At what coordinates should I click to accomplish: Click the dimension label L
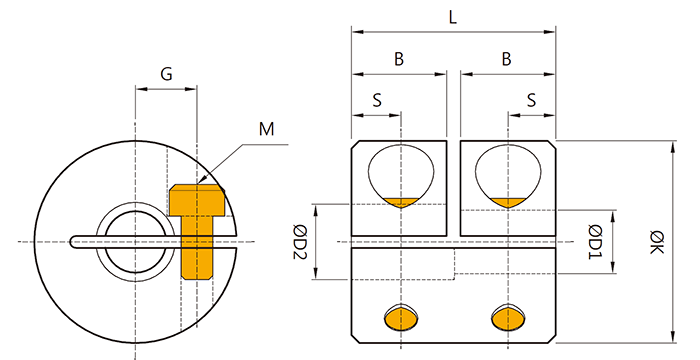453,17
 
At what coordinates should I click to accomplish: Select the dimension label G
166,74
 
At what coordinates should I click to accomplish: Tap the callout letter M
267,129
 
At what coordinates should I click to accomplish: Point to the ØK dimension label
657,242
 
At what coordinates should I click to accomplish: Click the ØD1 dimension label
596,242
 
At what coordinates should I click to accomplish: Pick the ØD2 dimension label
299,242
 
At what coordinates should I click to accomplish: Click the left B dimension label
399,59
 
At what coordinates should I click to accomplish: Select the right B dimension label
506,59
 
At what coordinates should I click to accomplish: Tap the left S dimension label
377,100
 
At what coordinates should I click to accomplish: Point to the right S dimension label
531,100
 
